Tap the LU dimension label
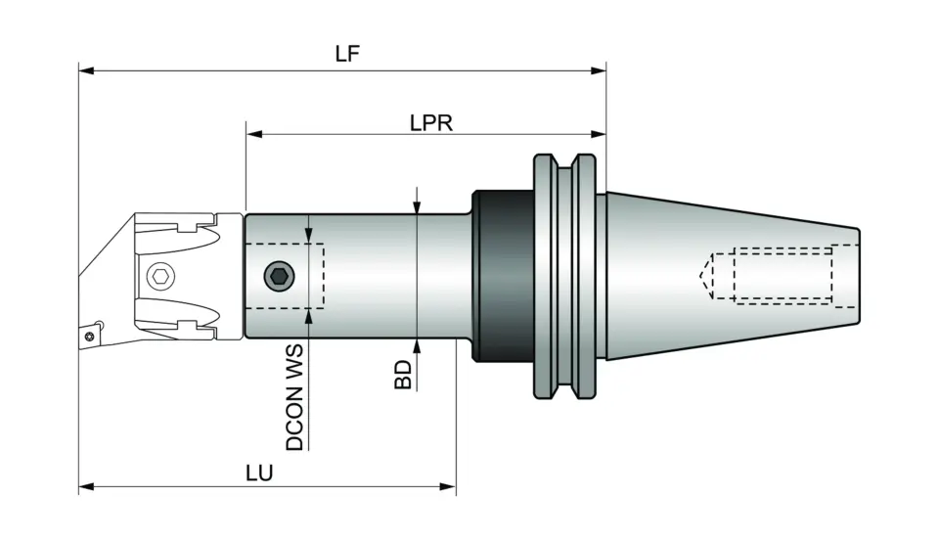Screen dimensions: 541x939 pyautogui.click(x=258, y=473)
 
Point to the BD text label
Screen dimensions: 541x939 pyautogui.click(x=403, y=374)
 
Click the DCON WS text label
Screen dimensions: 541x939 pyautogui.click(x=294, y=397)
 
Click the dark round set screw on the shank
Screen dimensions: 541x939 pyautogui.click(x=281, y=277)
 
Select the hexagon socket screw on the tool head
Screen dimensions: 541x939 pyautogui.click(x=161, y=277)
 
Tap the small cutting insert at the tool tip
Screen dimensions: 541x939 pyautogui.click(x=90, y=334)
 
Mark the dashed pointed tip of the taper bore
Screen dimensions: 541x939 pyautogui.click(x=705, y=275)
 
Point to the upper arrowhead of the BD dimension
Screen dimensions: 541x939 pyautogui.click(x=417, y=206)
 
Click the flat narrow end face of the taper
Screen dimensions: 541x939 pyautogui.click(x=859, y=277)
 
